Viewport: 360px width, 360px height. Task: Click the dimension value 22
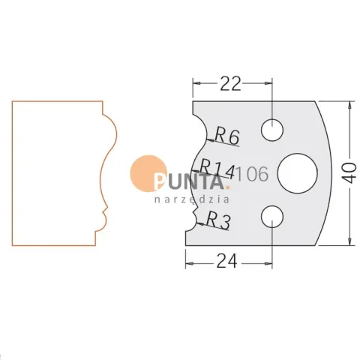(230, 84)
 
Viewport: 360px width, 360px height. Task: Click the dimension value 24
(226, 261)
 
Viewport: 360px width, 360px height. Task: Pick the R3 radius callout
(218, 220)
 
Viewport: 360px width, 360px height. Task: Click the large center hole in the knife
(298, 173)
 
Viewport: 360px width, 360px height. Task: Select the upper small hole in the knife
(272, 130)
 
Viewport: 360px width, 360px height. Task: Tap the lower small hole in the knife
(272, 217)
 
